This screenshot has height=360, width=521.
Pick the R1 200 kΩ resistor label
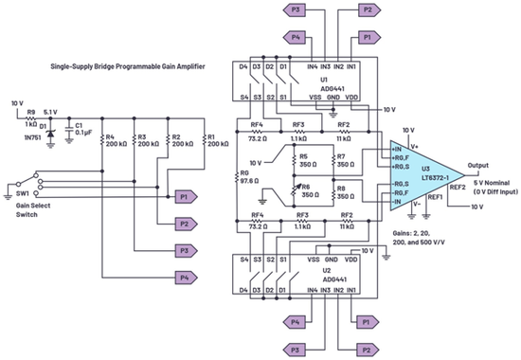pyautogui.click(x=217, y=143)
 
